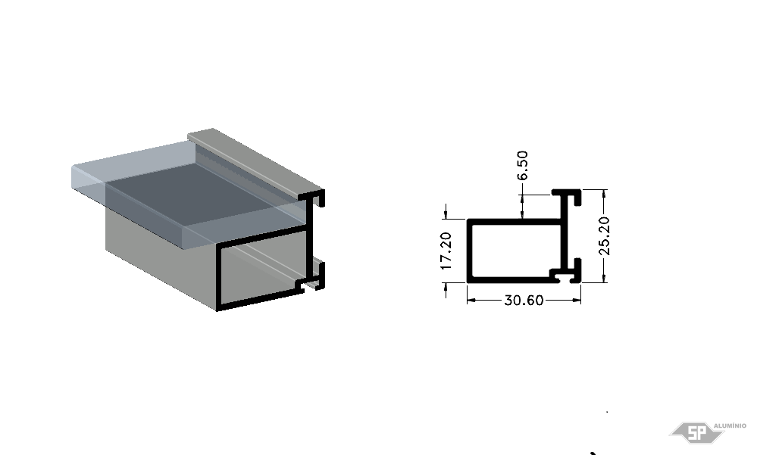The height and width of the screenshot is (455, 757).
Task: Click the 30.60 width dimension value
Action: (524, 301)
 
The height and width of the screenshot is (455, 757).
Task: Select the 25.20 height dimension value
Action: (604, 236)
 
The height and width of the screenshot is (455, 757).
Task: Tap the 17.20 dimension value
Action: (446, 251)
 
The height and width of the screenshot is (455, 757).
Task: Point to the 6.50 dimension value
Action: (522, 166)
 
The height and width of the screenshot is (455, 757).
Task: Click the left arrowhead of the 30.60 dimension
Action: (471, 300)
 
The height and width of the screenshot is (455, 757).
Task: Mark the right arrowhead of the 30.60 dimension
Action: (577, 300)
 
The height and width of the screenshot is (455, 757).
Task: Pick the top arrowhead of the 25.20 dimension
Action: (604, 194)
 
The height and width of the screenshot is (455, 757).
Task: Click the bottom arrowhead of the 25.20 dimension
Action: (604, 278)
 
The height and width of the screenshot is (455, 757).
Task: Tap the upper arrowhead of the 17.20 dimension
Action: (446, 214)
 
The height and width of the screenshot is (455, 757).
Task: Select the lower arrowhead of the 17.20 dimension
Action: (446, 287)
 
